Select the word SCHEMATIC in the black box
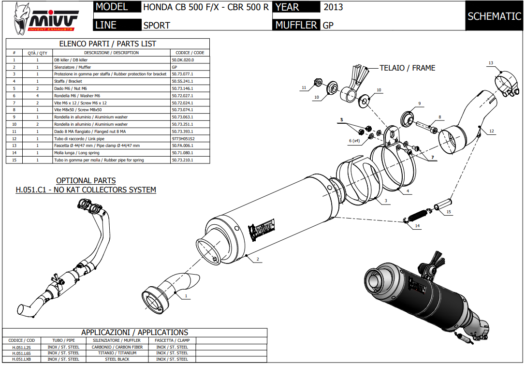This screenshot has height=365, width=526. (494, 16)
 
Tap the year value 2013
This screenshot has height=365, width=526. (333, 7)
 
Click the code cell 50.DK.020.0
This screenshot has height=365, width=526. (183, 60)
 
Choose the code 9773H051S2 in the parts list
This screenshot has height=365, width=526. (184, 138)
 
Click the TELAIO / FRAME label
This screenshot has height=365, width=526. (407, 68)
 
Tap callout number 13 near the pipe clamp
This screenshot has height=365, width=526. (490, 63)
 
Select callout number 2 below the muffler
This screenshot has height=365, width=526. (258, 260)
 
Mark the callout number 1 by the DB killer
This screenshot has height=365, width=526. (187, 295)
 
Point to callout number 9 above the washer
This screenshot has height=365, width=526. (420, 103)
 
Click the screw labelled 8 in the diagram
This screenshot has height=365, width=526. (426, 127)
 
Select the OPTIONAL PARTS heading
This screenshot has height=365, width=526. (86, 180)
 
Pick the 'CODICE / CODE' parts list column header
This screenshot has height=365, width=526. (190, 53)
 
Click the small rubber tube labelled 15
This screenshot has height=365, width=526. (443, 204)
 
